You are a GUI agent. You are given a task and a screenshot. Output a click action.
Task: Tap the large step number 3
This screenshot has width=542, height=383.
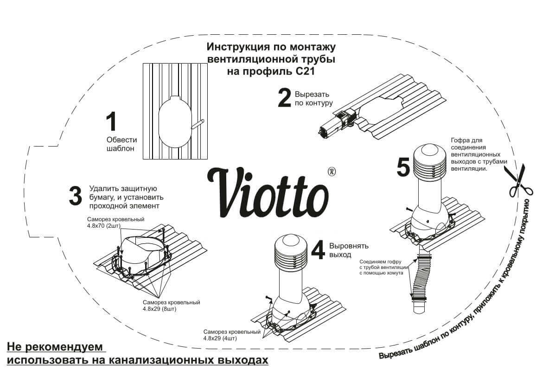75,196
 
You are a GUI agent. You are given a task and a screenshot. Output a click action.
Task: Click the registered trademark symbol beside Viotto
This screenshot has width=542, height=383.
332,172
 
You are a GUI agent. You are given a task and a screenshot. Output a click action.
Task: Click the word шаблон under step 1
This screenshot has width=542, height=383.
120,149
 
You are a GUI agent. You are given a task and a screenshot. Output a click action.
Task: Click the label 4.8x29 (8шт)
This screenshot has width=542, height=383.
161,308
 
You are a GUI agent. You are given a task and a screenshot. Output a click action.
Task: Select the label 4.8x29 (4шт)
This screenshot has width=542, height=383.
220,338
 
